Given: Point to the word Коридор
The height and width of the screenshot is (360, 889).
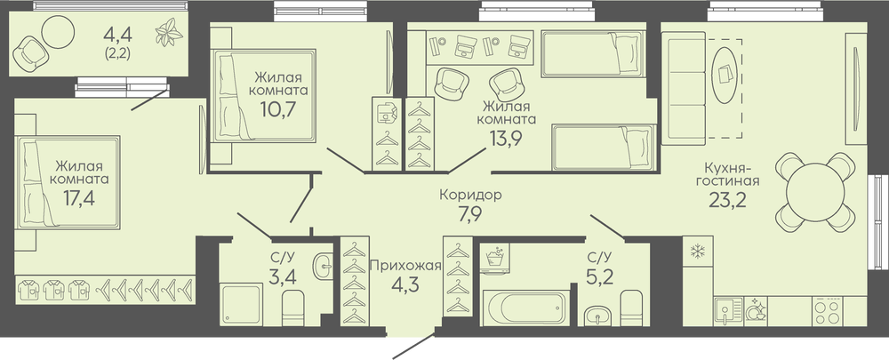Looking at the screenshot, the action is point(470,195).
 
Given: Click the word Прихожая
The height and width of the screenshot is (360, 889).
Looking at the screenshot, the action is point(404,264).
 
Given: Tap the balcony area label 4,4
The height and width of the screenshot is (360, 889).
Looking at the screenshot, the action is point(118,36).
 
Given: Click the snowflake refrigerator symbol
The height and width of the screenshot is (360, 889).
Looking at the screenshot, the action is point(697,252).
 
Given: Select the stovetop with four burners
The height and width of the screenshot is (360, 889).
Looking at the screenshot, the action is point(827,311).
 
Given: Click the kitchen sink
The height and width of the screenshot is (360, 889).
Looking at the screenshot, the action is point(728,312).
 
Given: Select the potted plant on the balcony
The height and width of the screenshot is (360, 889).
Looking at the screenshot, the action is point(170,33).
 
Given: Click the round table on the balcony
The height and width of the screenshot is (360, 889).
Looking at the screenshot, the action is point(59,31).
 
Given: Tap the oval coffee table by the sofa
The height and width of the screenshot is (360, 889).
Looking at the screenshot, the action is point(726,74).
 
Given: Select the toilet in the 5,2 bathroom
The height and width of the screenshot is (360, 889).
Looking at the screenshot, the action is point(631,308).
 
